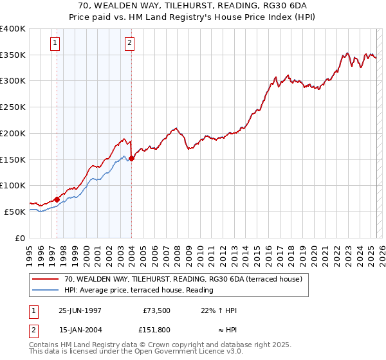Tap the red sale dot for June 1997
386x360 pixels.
57,199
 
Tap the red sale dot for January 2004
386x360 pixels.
131,159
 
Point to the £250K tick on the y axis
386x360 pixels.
14,107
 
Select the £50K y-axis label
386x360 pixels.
15,211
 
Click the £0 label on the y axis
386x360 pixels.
21,237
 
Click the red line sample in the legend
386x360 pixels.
46,279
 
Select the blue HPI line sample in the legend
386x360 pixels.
46,290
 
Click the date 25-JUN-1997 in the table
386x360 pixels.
80,310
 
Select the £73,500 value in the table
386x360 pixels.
156,310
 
